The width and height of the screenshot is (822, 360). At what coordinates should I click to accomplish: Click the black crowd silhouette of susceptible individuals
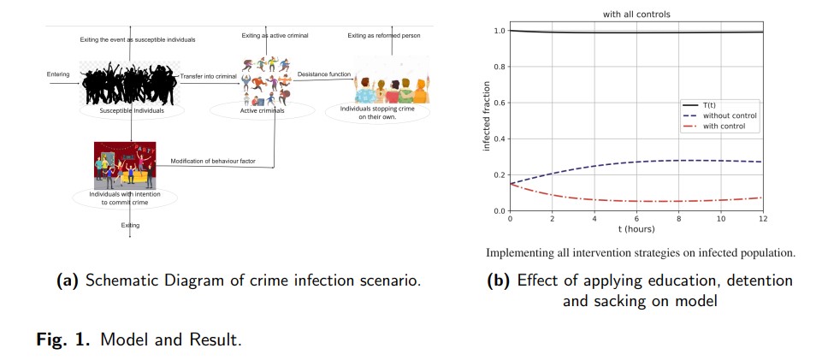[x=128, y=82]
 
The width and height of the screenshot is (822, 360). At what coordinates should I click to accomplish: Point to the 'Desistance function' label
[x=323, y=74]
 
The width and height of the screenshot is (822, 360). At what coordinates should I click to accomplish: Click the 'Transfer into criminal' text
[x=208, y=77]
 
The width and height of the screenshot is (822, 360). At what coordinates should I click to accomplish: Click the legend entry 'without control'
[x=730, y=115]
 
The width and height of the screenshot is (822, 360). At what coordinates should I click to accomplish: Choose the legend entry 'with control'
[x=724, y=127]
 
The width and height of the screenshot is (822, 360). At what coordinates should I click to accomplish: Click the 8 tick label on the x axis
[x=678, y=219]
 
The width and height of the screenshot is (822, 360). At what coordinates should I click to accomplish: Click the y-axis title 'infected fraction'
[x=487, y=115]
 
